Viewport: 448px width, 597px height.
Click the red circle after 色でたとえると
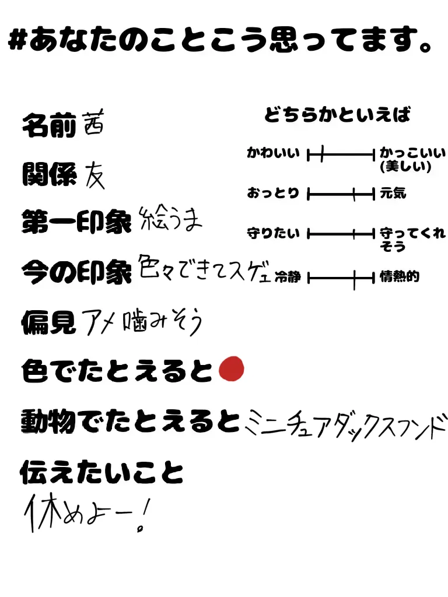point(231,370)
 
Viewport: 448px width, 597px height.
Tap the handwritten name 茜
point(93,125)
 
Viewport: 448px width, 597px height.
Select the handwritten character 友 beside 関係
point(94,174)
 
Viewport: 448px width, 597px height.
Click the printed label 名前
point(49,126)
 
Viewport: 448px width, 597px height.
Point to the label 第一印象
point(76,223)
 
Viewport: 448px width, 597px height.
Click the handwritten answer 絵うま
point(171,220)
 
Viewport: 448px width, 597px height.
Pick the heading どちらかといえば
point(337,115)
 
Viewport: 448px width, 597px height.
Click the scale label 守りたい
point(273,234)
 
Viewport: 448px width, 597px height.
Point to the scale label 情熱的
point(400,277)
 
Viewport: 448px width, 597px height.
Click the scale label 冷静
point(288,277)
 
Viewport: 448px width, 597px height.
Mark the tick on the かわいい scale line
point(321,154)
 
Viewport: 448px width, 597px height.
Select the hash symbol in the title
point(17,41)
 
